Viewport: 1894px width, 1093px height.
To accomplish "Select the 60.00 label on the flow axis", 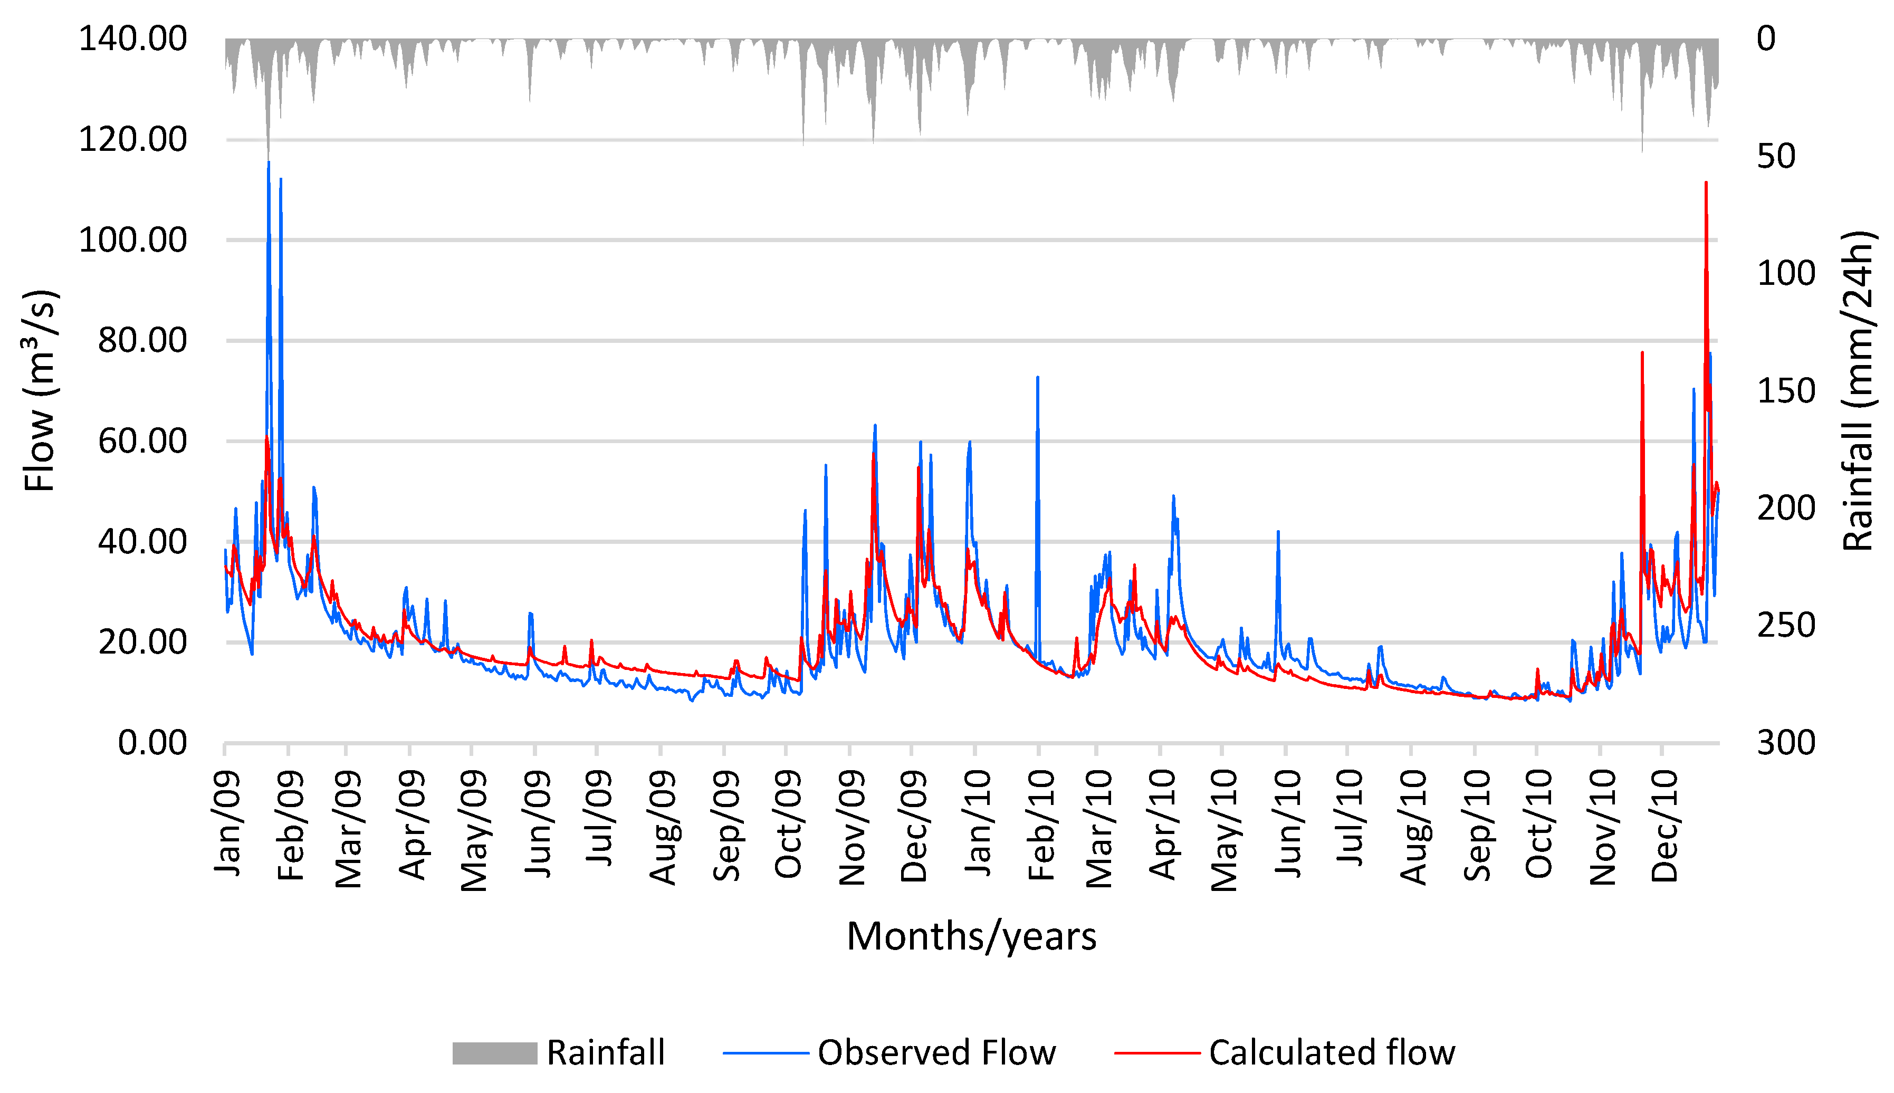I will (142, 442).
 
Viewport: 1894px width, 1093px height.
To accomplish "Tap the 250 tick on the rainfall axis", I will (1786, 625).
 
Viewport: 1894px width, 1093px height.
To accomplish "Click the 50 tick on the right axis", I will (1776, 156).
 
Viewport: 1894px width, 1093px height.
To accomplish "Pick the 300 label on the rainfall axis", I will (1786, 743).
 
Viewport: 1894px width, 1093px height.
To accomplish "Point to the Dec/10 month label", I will (1665, 826).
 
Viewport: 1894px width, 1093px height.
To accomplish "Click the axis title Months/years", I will (971, 936).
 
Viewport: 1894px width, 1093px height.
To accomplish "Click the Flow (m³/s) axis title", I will (41, 390).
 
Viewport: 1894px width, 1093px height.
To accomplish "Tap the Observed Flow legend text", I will (936, 1052).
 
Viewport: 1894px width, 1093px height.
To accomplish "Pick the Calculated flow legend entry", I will (1332, 1052).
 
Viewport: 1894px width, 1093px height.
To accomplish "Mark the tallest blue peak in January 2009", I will (269, 164).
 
